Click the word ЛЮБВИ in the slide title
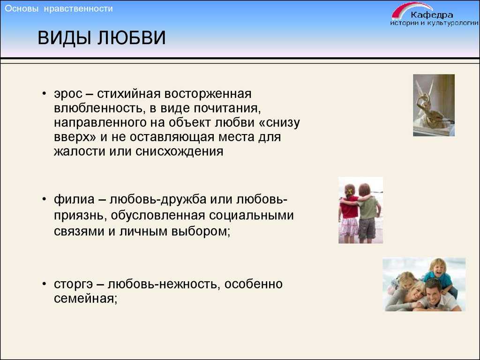132,38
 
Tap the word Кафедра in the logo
432,15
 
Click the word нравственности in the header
78,8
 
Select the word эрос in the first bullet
68,94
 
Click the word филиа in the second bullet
74,200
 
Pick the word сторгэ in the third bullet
73,285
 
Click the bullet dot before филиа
45,199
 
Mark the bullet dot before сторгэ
45,284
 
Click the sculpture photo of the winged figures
434,105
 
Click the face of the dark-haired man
434,292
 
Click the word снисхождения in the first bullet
180,151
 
